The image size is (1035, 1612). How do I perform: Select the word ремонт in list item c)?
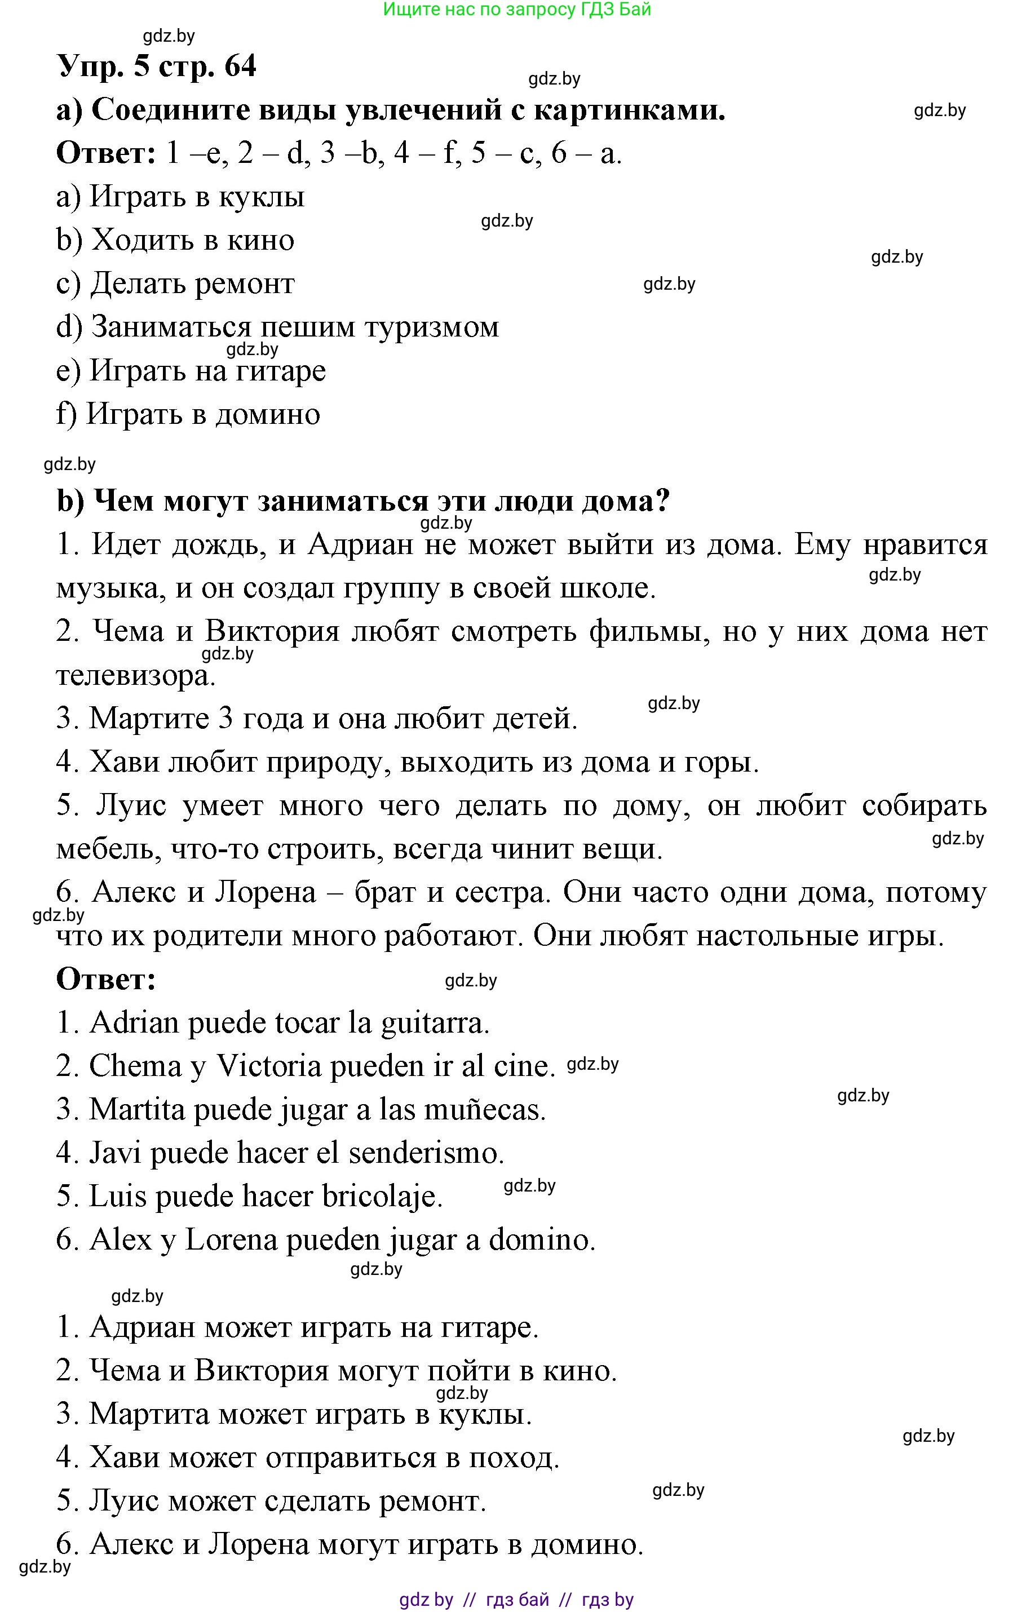pyautogui.click(x=244, y=284)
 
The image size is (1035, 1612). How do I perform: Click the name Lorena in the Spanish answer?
pyautogui.click(x=232, y=1240)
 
